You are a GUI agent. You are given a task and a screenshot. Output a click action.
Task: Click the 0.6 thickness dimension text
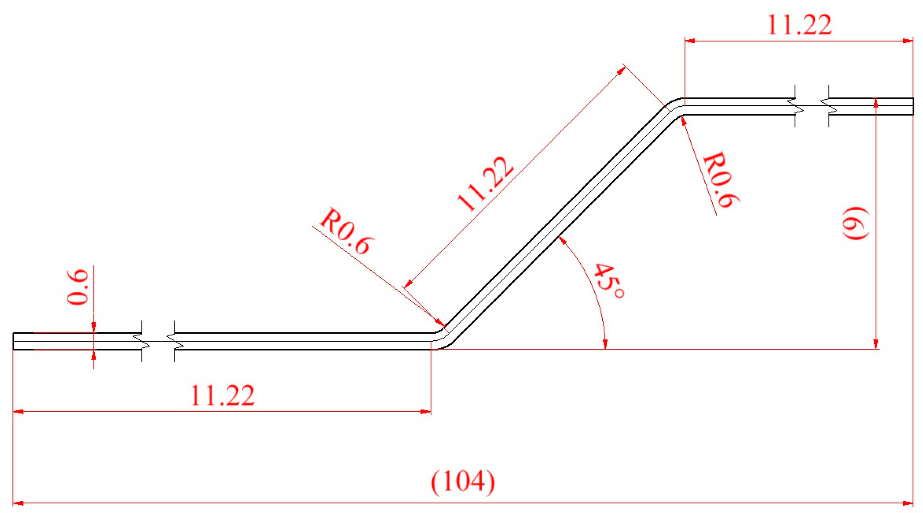tap(78, 287)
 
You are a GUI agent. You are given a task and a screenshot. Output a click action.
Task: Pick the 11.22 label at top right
tap(799, 25)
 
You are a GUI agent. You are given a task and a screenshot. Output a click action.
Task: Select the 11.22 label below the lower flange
tap(222, 395)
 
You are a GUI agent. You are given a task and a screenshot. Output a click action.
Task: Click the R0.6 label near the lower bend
tap(345, 231)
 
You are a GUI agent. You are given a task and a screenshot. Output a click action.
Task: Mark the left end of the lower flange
tap(14, 341)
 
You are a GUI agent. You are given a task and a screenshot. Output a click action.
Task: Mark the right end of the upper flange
tap(912, 106)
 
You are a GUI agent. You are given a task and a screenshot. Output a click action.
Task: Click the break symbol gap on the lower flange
tap(158, 341)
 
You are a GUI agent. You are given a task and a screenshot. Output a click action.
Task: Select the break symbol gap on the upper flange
tap(812, 106)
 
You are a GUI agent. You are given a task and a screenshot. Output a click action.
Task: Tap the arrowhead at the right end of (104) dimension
tap(908, 503)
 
